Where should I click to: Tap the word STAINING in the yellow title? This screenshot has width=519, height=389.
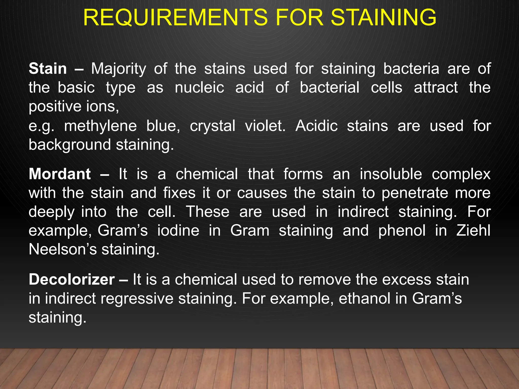pos(384,17)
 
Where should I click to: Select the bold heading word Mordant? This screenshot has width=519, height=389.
pos(60,174)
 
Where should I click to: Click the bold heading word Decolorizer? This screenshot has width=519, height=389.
pos(72,280)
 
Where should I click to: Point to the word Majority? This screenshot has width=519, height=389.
pos(119,69)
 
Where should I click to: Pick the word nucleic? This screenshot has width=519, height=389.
pos(199,88)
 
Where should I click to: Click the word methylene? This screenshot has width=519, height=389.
pos(100,126)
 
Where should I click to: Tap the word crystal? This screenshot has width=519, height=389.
pos(213,126)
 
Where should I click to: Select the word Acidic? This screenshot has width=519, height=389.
pos(317,126)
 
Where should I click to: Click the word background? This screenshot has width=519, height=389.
pos(70,145)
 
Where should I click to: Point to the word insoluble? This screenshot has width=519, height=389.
pos(391,174)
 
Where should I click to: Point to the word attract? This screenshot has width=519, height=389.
pos(436,88)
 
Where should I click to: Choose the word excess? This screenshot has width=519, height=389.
pos(406,280)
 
